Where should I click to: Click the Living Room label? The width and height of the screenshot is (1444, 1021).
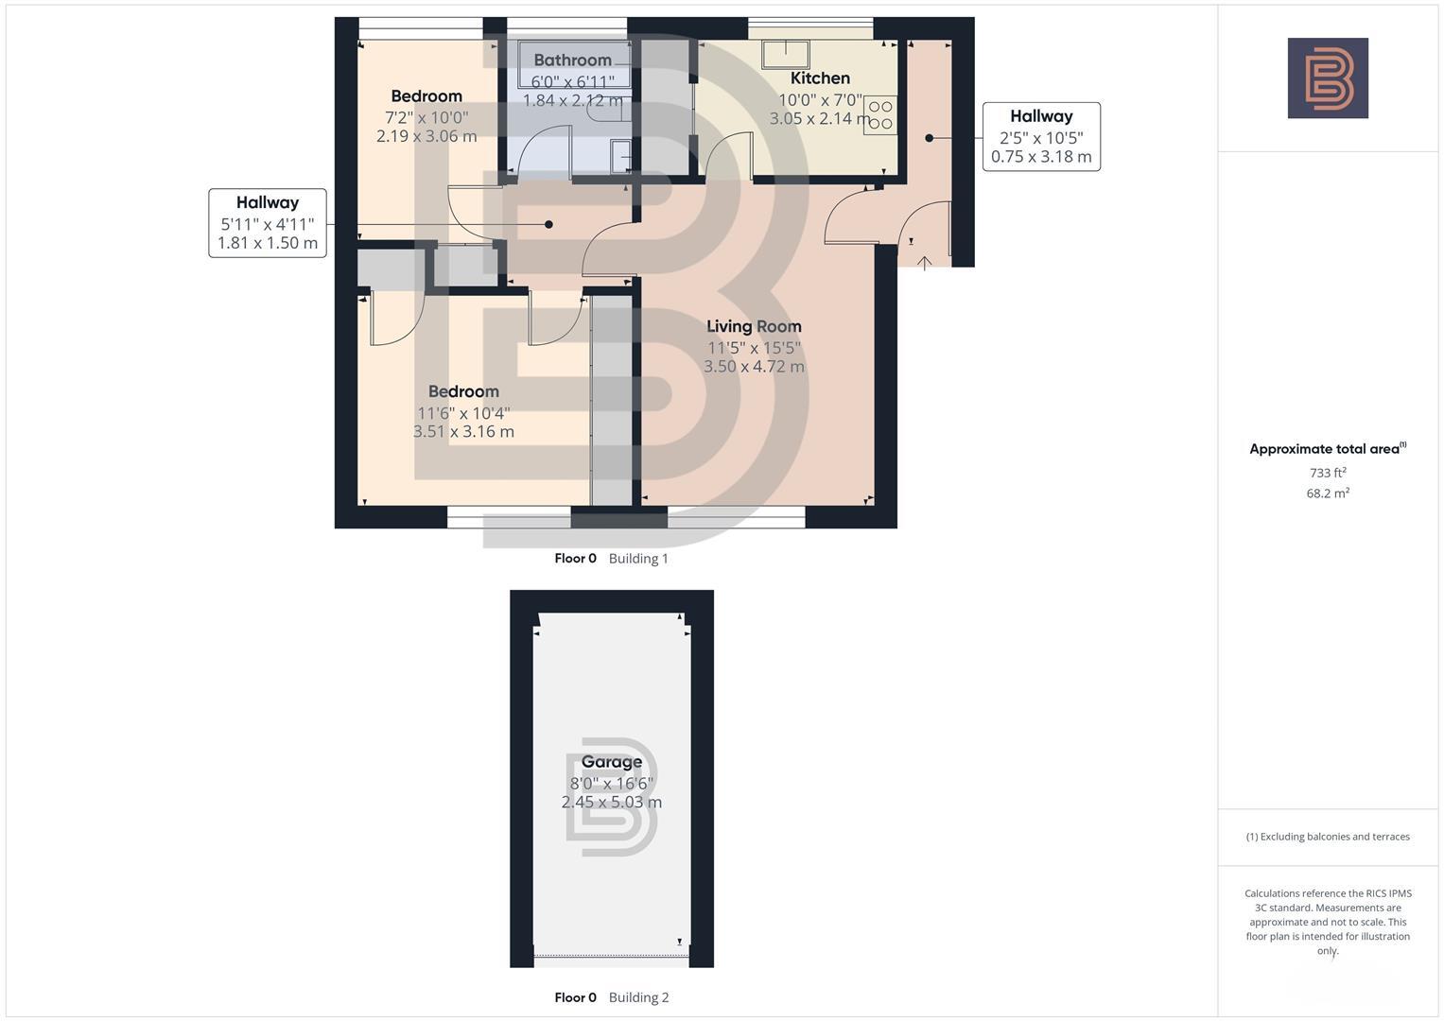click(x=754, y=326)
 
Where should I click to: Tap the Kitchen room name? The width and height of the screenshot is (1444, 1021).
click(x=820, y=78)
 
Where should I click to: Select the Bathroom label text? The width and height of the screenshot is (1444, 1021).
click(x=572, y=61)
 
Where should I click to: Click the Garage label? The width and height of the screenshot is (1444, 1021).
click(x=611, y=762)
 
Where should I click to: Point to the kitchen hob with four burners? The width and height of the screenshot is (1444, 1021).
click(x=879, y=114)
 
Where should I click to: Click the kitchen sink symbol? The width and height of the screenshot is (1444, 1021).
click(x=786, y=53)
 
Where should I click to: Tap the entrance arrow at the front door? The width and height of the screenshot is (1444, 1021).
click(x=924, y=263)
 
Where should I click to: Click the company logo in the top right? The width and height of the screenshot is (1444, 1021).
click(x=1327, y=78)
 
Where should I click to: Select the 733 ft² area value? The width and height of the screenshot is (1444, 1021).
click(x=1327, y=473)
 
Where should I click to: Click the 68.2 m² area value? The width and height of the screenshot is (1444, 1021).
click(x=1327, y=493)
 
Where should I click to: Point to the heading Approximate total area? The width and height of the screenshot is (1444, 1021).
click(x=1327, y=449)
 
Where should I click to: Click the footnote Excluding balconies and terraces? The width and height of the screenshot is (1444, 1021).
click(x=1327, y=837)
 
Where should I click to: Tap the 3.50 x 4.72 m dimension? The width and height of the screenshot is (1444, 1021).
click(x=754, y=367)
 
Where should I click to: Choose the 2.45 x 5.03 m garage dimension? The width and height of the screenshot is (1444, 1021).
click(x=611, y=803)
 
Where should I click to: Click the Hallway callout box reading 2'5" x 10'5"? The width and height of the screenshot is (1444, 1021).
click(x=1041, y=136)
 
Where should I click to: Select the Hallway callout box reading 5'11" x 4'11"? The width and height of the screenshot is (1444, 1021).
click(x=268, y=222)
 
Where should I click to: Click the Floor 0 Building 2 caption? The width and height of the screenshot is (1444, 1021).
click(x=611, y=997)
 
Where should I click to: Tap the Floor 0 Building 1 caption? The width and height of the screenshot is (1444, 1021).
click(x=611, y=559)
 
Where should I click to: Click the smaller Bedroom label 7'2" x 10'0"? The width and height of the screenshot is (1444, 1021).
click(x=426, y=96)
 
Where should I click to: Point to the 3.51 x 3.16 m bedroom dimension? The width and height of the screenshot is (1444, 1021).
click(x=463, y=432)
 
